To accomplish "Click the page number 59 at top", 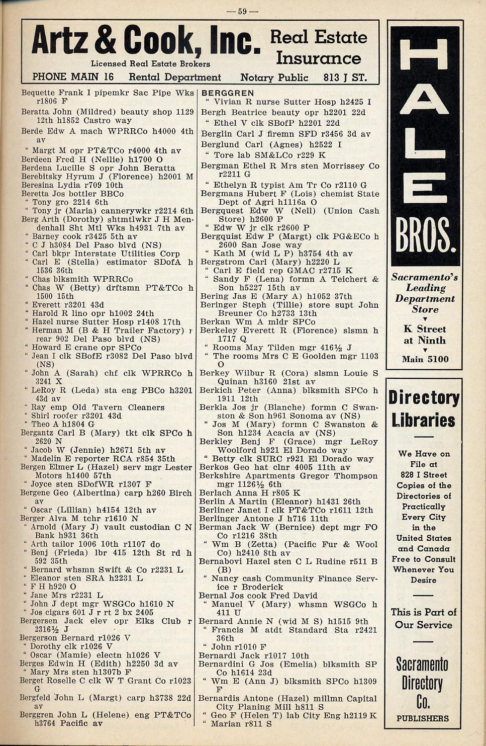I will [x=242, y=11].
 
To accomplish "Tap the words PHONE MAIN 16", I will [x=73, y=77].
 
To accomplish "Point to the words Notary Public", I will [x=274, y=77].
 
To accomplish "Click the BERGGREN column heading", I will [x=228, y=93].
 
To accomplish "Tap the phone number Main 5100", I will [x=425, y=359].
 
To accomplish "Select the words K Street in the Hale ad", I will [x=425, y=329].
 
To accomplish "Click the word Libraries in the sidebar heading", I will [x=424, y=420].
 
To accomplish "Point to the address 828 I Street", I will [x=424, y=474].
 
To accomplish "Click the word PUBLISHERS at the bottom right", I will [x=422, y=718].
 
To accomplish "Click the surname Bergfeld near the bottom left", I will [x=35, y=698].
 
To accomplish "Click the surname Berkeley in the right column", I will [x=219, y=330].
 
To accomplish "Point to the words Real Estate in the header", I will [x=319, y=37].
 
